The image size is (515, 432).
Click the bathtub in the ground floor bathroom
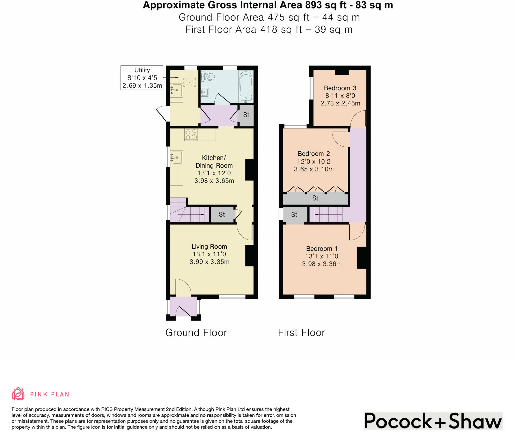click(246, 86)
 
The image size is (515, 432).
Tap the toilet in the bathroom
click(208, 76)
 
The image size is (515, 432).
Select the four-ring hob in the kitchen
click(191, 134)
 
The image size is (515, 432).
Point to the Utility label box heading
click(142, 70)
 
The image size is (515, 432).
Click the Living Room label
click(209, 247)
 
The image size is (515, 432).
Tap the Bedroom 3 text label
click(340, 88)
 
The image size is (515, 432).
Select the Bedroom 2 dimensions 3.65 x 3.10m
click(314, 169)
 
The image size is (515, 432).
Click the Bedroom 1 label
click(322, 249)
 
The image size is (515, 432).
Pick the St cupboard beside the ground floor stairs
click(222, 214)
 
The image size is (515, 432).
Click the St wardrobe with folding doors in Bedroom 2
click(315, 198)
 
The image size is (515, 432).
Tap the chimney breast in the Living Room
click(249, 256)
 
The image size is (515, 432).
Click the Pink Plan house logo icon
click(18, 394)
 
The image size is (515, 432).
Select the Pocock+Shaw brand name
click(433, 421)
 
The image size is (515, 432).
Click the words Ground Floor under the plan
click(196, 333)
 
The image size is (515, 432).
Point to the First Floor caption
click(301, 333)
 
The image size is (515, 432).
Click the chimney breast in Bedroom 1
click(362, 258)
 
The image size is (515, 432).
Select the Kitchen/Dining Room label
click(214, 162)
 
